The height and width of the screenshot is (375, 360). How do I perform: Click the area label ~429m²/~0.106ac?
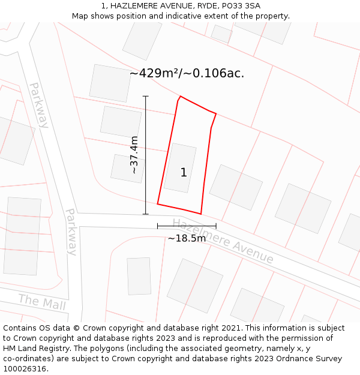(x=187, y=73)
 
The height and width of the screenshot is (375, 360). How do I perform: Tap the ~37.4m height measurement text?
(x=134, y=155)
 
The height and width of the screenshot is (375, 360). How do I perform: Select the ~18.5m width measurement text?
(x=187, y=238)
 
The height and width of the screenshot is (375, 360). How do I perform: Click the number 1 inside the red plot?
(x=184, y=173)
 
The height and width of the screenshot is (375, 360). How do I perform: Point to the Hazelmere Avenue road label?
(x=223, y=241)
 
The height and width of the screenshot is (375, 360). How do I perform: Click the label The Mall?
(x=41, y=302)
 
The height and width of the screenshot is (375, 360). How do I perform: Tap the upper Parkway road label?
(x=38, y=105)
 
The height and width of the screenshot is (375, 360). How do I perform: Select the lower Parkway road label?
(x=71, y=232)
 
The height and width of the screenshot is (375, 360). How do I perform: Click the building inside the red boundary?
(x=180, y=168)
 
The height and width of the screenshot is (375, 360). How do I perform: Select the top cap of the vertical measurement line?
(x=145, y=96)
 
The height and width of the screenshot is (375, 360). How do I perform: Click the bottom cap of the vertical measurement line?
(x=145, y=214)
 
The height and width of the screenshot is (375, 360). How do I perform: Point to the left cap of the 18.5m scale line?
(x=157, y=226)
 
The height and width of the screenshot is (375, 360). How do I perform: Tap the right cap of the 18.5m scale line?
(x=216, y=226)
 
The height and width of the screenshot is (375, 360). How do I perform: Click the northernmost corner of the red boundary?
(x=180, y=96)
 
